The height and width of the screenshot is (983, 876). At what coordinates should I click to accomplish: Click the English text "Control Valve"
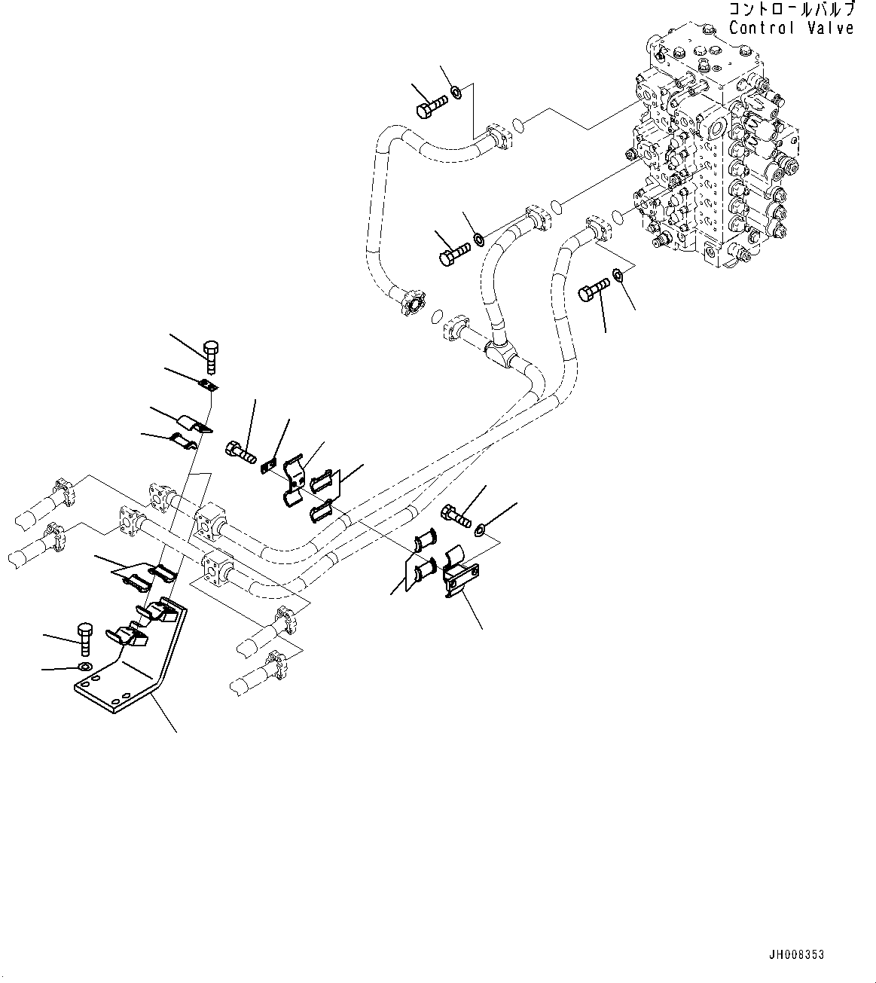click(791, 28)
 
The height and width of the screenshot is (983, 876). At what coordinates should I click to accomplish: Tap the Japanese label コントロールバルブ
click(791, 10)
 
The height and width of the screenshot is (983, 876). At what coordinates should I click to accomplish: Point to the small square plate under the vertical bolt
click(209, 387)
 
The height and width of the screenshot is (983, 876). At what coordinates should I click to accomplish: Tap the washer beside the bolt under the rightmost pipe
click(617, 275)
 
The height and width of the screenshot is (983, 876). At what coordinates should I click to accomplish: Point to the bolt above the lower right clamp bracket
click(456, 516)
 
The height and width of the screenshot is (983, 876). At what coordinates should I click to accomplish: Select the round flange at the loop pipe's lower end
click(411, 304)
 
